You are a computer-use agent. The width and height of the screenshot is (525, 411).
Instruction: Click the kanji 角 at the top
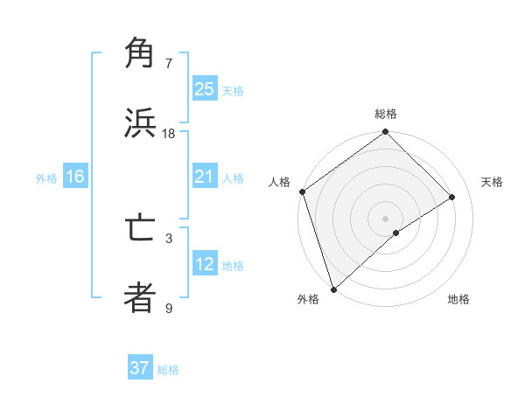coord(140,54)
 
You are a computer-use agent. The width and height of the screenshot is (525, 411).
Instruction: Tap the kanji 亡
coord(140,229)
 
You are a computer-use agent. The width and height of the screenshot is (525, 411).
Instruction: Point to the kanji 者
coord(140,298)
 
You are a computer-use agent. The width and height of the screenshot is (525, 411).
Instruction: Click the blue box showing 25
coord(205,89)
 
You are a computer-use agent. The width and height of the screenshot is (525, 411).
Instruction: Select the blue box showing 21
coord(205,178)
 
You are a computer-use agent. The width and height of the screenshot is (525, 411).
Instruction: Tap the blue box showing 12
coord(205,265)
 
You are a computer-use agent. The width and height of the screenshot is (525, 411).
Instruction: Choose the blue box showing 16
coord(75,178)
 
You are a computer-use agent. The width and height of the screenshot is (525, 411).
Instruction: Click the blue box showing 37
coord(140,368)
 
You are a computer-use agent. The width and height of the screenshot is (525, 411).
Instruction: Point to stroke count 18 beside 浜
coord(169,134)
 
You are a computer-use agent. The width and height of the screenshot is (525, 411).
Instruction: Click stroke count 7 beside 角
coord(169,64)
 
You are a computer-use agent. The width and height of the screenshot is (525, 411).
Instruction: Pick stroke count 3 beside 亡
coord(169,238)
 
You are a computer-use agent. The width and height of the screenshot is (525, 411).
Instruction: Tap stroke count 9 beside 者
coord(169,308)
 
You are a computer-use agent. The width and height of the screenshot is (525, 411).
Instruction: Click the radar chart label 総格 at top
coord(386,114)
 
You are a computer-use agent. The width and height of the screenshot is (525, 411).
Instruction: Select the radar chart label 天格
coord(493,182)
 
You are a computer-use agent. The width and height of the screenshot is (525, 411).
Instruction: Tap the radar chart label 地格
coord(458,300)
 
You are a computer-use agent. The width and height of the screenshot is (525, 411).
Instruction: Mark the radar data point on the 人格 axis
coord(302,192)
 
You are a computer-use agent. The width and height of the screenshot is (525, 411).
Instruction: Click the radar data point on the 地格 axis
coord(396,233)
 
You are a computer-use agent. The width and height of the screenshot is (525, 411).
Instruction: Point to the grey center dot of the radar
coord(386,218)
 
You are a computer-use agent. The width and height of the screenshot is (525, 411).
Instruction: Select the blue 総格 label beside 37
coord(168,370)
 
